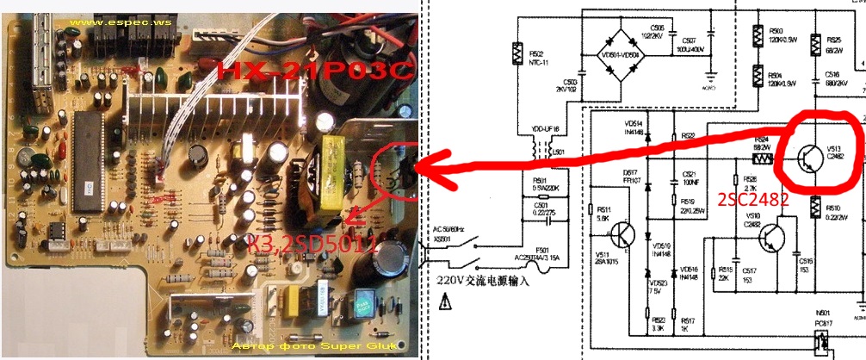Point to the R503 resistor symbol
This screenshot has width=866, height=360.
(757, 35)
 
